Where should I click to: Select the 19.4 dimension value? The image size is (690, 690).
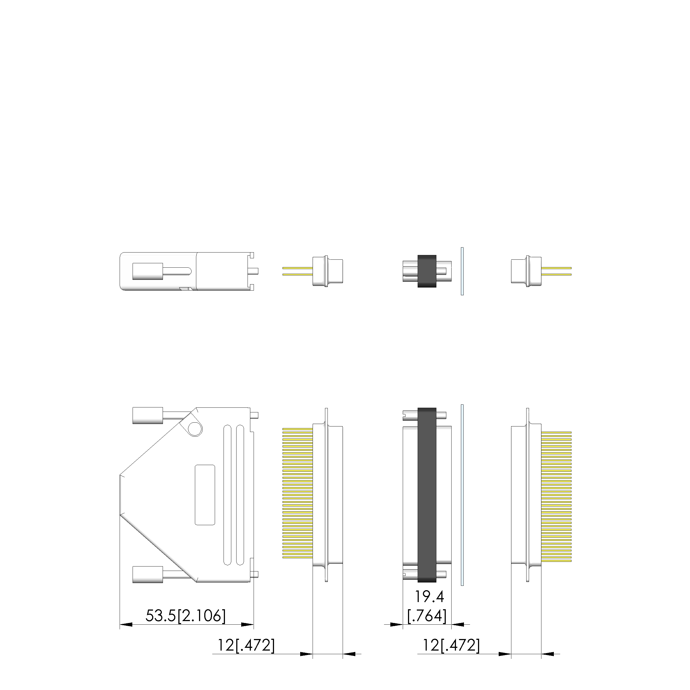pos(429,597)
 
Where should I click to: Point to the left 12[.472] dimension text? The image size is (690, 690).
pos(246,645)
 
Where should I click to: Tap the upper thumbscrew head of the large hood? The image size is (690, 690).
pos(148,416)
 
